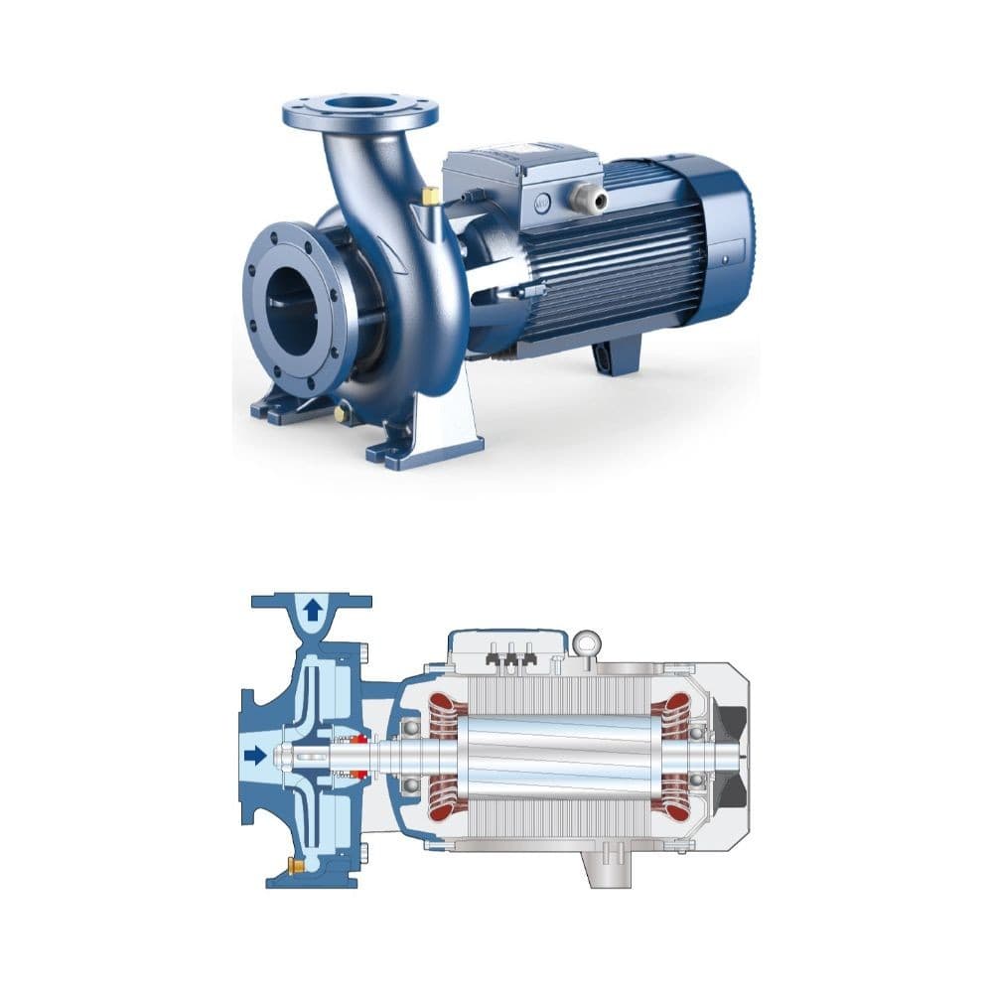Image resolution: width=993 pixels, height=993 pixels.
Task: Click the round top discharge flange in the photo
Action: point(359,111)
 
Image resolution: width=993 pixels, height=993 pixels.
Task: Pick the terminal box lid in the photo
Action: point(521,159)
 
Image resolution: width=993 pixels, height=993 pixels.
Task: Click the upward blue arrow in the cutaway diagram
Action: point(313,610)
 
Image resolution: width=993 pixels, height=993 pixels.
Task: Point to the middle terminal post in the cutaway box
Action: point(511,654)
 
